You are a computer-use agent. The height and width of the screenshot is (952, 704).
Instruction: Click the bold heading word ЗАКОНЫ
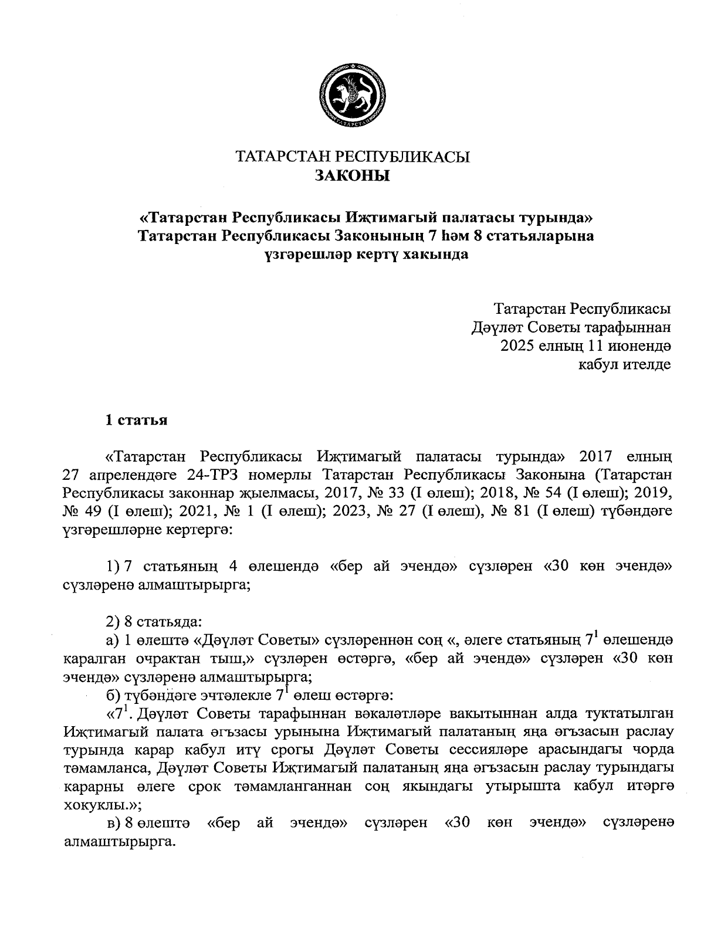click(353, 175)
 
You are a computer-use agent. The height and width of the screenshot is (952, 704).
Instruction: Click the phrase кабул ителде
click(625, 364)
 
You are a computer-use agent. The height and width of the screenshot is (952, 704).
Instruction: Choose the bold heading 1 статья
click(136, 420)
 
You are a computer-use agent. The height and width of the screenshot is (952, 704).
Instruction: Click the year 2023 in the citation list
click(353, 511)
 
